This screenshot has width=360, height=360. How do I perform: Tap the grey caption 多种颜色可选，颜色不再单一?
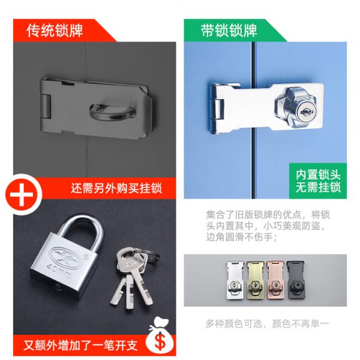tap(268, 323)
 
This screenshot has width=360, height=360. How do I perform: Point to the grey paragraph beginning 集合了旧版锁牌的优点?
tap(268, 226)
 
